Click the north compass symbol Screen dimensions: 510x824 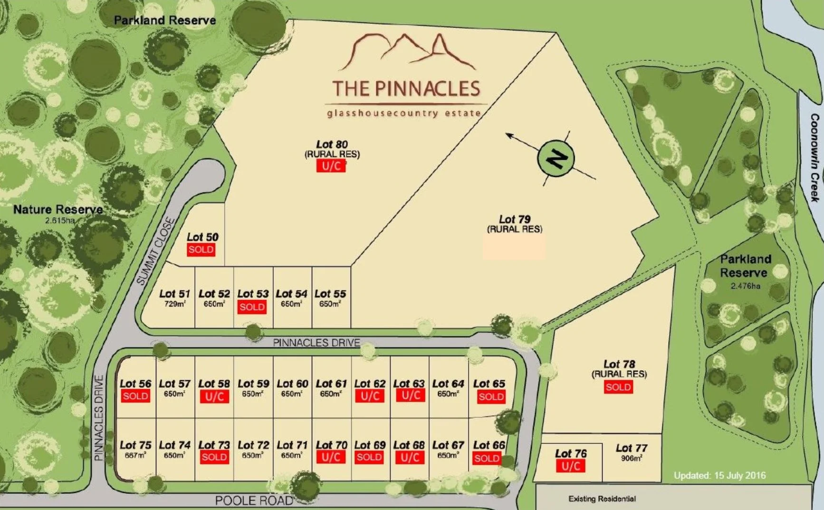pos(556,158)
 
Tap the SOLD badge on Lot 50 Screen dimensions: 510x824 pos(201,250)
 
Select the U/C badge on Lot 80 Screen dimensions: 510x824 pos(331,165)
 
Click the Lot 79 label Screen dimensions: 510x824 pos(514,220)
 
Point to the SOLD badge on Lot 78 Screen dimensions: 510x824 pos(618,387)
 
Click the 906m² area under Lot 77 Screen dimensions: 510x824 pos(631,458)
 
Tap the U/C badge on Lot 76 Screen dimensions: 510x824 pos(570,466)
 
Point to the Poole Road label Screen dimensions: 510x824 pos(254,500)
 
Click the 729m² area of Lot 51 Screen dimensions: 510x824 pos(174,304)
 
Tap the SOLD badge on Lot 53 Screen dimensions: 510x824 pos(252,307)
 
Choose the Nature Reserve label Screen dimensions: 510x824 pos(58,210)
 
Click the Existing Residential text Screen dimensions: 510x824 pos(602,499)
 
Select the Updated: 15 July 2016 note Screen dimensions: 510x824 pos(719,475)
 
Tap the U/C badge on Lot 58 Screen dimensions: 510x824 pos(214,396)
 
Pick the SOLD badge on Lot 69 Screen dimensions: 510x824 pos(369,457)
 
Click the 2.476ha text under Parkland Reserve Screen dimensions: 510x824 pos(745,286)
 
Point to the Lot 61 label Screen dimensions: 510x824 pos(331,384)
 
